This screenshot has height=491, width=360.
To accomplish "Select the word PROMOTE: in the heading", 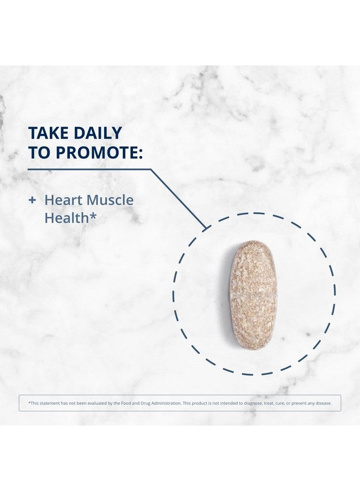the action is pos(99,153).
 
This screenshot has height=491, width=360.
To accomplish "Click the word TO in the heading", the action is pos(39,153).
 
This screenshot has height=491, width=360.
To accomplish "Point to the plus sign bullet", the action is pos(32,200).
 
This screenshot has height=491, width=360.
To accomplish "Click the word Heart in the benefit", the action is pos(64,200).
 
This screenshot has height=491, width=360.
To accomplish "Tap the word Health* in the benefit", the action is pos(70,218).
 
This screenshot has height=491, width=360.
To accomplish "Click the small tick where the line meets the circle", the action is pos(205,227).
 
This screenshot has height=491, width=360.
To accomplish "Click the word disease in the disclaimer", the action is pos(323,403).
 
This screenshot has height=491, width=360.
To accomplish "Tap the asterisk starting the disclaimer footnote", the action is pos(29,403).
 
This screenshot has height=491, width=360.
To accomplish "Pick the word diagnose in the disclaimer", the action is pos(253,403).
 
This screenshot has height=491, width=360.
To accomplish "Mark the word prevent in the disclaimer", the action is pos(299,403).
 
